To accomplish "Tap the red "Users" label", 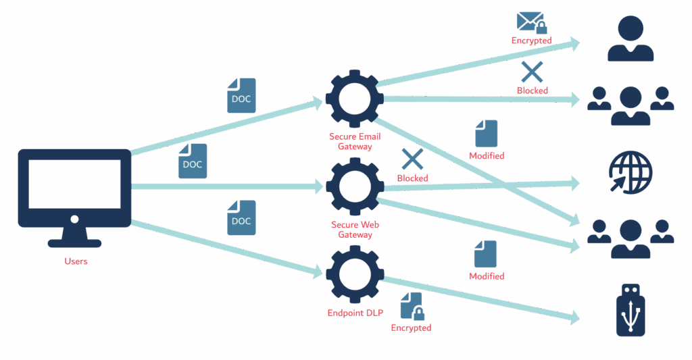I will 76,261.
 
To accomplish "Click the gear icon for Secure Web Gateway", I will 354,185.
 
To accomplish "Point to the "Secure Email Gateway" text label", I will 354,141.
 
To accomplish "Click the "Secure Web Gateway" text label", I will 354,230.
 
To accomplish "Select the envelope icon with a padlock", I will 531,23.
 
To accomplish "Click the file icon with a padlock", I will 412,306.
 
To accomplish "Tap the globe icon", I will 630,172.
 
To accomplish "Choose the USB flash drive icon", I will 631,310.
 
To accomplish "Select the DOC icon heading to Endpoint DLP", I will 241,217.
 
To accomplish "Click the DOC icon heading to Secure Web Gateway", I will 193,161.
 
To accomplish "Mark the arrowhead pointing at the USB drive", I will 575,316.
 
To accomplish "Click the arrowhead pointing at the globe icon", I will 575,182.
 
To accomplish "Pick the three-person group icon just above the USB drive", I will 630,237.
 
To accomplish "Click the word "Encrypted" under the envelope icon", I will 531,41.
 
